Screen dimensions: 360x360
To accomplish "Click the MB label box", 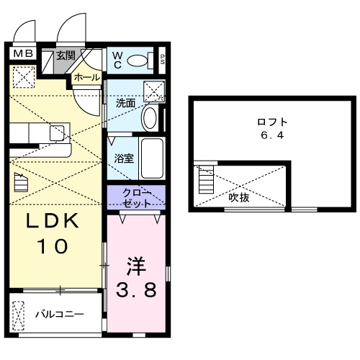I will click(x=21, y=53).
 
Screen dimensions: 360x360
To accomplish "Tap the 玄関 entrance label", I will click(x=66, y=55).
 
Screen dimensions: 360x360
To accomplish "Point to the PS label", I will click(x=162, y=60).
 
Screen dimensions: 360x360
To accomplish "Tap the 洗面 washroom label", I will click(x=125, y=102).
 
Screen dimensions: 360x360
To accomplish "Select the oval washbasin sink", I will click(x=150, y=116).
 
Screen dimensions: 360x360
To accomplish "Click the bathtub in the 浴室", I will click(x=152, y=158).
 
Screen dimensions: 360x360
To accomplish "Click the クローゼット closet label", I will click(x=136, y=197).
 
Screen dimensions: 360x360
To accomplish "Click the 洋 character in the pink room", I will click(x=136, y=266).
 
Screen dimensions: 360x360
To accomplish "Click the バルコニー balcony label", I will click(x=61, y=315).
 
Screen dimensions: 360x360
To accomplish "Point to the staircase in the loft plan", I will click(x=204, y=180).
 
